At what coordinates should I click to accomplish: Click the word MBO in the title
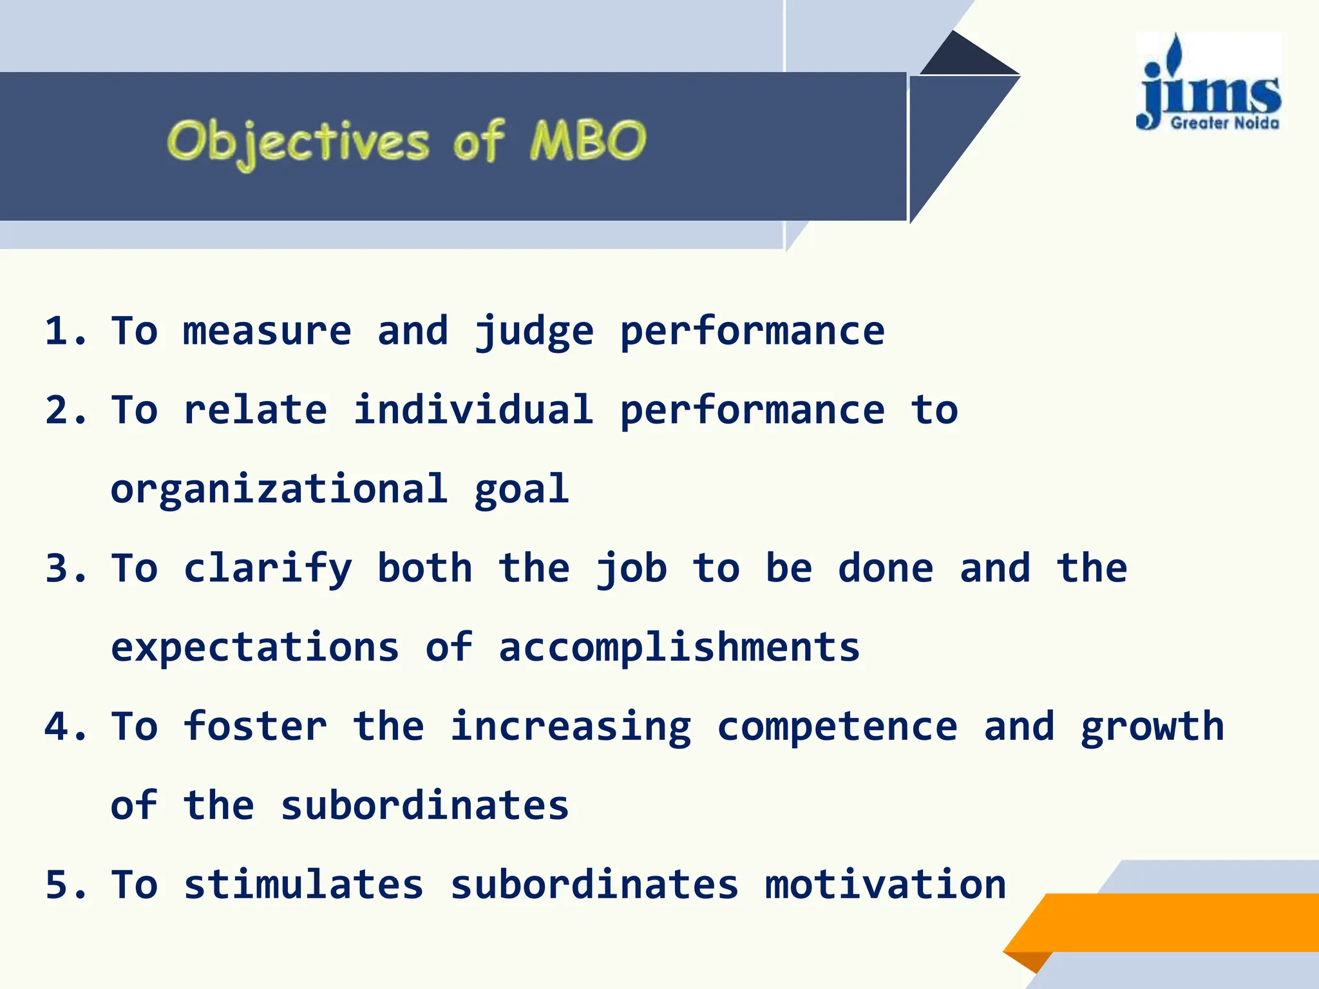pyautogui.click(x=587, y=140)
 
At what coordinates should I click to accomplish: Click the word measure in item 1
pyautogui.click(x=267, y=331)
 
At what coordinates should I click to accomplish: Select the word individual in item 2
pyautogui.click(x=473, y=410)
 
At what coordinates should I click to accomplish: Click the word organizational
pyautogui.click(x=279, y=489)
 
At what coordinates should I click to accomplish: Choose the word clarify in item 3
pyautogui.click(x=268, y=569)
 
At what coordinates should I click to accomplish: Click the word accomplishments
pyautogui.click(x=679, y=648)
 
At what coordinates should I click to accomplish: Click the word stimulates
pyautogui.click(x=304, y=885)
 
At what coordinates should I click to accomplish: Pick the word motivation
pyautogui.click(x=886, y=885)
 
